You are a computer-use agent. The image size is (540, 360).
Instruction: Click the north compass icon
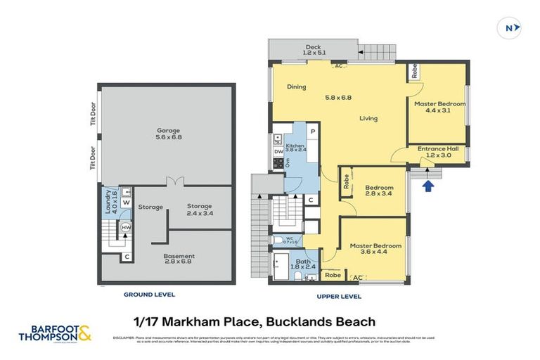click(x=510, y=28)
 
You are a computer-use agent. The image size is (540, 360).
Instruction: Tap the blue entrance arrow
click(x=427, y=186)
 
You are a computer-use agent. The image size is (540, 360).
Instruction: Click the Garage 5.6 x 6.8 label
click(x=168, y=134)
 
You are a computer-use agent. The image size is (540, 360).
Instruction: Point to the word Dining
click(x=296, y=87)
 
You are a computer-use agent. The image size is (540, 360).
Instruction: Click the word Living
click(x=368, y=118)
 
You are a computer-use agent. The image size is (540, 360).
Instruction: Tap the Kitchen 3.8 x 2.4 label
click(x=296, y=148)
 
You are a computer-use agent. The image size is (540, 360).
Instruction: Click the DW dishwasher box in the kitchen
click(x=278, y=150)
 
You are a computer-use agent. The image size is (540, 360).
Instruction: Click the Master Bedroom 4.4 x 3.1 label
click(x=439, y=107)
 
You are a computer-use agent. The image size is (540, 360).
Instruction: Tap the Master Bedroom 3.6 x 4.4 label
click(x=376, y=249)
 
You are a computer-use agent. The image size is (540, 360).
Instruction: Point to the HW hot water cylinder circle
click(x=127, y=227)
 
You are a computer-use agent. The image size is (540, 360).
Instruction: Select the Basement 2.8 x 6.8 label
click(x=179, y=259)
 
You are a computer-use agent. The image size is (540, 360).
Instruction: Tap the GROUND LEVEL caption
click(x=149, y=295)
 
